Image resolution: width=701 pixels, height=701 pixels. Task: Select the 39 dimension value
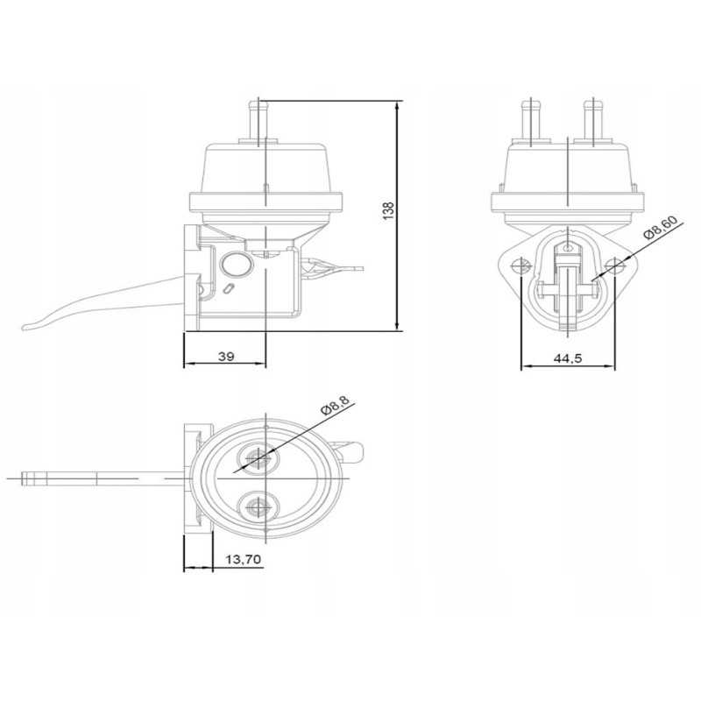225,355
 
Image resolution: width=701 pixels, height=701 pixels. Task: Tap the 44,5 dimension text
568,358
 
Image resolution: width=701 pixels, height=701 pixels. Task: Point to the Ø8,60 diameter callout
658,230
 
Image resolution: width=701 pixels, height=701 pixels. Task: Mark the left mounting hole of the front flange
521,266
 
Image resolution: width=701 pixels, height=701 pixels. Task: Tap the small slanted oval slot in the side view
230,290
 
